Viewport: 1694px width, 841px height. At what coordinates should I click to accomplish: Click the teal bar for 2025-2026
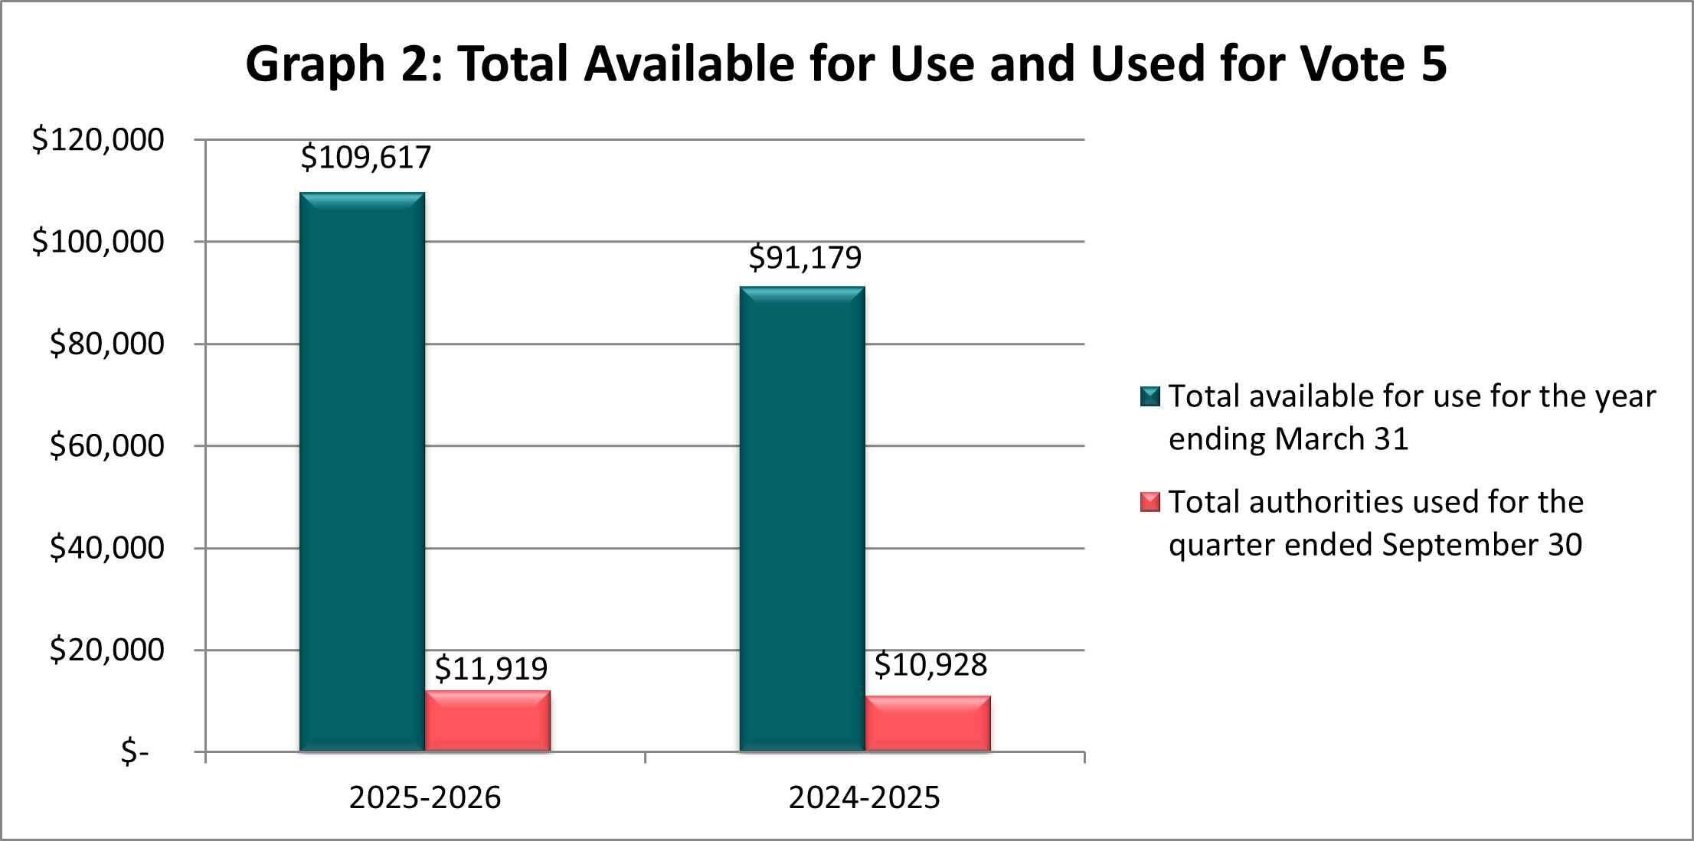pos(361,471)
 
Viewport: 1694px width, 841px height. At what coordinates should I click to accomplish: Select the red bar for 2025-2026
pos(488,721)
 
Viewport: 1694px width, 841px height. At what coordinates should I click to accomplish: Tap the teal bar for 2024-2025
pos(802,519)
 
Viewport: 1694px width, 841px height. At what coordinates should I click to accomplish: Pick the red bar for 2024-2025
pos(927,723)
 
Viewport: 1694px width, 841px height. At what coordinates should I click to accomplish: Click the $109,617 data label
pos(365,158)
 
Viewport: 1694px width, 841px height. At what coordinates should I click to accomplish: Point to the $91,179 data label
pos(805,258)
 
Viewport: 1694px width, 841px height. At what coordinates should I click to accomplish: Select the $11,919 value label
pos(491,669)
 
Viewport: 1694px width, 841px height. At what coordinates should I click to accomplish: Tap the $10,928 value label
pos(930,665)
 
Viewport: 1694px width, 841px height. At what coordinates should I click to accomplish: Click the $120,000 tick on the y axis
pos(98,140)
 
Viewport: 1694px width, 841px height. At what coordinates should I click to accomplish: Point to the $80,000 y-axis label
pos(106,344)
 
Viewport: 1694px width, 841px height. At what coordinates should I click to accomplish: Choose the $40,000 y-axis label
pos(106,548)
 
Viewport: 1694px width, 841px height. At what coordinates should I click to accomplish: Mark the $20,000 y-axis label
pos(106,650)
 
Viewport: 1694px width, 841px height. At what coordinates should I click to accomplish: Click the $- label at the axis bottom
pos(135,752)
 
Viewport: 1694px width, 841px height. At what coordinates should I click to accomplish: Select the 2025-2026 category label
pos(424,797)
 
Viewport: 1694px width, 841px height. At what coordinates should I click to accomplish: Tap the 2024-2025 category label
pos(864,797)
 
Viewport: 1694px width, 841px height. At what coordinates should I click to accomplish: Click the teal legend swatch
pos(1149,396)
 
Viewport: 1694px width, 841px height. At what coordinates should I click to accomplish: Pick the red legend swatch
pos(1149,502)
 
